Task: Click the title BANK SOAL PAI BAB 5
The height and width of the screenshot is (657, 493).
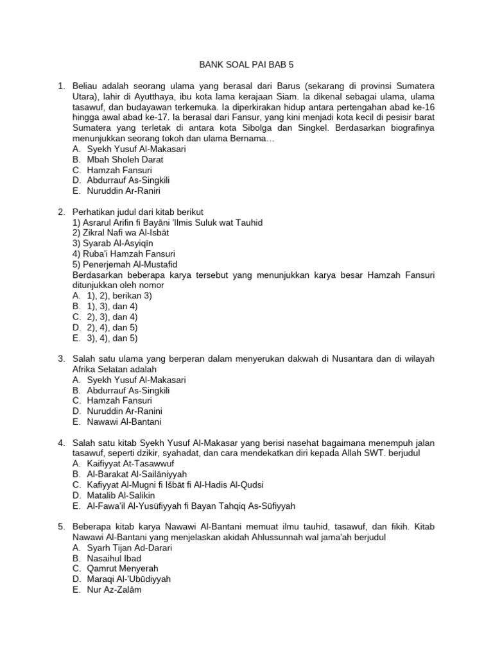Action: coord(247,64)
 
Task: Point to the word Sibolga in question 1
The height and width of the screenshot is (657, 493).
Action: coord(293,128)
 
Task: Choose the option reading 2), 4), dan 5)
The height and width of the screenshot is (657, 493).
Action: coord(112,327)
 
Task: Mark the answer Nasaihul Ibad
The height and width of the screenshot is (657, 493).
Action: coord(114,558)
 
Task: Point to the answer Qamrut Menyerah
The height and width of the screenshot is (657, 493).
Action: coord(122,568)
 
